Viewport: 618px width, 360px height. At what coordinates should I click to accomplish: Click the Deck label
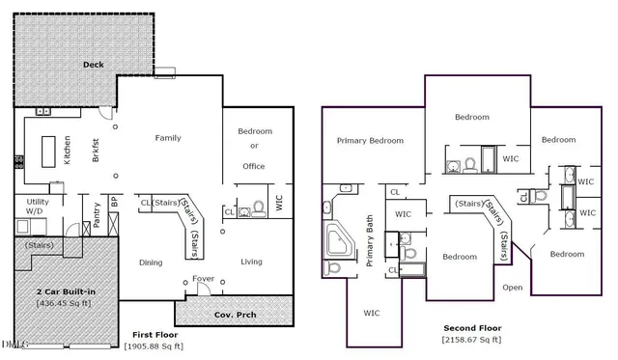pos(93,66)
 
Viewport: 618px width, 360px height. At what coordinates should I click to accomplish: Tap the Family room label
pos(168,138)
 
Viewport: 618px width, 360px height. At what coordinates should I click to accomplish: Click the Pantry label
pos(97,211)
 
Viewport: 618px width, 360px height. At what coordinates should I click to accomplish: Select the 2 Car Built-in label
pos(67,291)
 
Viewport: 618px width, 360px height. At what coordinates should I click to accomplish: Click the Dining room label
pos(151,262)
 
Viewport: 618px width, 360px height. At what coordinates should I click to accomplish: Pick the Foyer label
pos(203,279)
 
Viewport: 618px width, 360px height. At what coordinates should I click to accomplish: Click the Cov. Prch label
pos(234,314)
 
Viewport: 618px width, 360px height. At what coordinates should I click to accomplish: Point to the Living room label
pos(251,262)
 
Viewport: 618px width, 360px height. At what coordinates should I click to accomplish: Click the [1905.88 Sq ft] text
pos(153,346)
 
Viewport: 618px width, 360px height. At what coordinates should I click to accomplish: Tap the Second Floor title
pos(471,328)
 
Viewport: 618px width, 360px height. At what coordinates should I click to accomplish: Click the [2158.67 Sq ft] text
pos(471,340)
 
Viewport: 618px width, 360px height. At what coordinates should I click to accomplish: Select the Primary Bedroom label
pos(370,140)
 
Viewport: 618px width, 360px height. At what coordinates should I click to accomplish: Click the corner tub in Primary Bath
pos(340,238)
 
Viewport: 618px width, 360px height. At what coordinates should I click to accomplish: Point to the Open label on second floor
pos(513,287)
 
